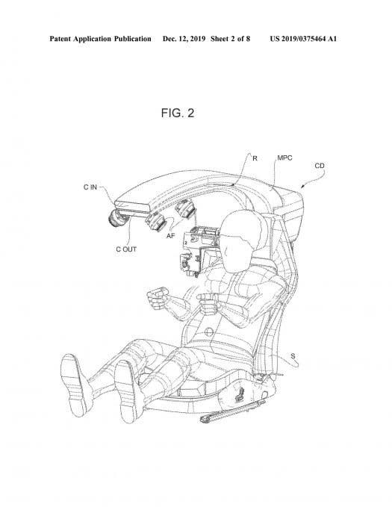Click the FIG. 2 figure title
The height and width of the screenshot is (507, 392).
(178, 113)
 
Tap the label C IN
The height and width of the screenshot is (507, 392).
(90, 187)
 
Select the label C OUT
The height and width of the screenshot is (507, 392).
(126, 249)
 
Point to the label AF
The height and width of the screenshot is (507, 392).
(170, 236)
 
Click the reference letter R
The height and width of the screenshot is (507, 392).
(255, 158)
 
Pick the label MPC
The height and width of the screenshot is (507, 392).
(284, 158)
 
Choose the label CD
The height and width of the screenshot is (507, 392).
(320, 166)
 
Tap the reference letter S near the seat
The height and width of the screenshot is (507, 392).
(293, 356)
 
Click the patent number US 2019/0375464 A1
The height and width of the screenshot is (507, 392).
(303, 39)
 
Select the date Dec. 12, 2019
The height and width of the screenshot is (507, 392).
(184, 39)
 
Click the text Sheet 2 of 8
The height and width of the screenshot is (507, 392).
(230, 39)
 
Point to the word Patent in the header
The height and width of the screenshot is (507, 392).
(60, 39)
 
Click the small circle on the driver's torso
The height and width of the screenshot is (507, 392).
(209, 332)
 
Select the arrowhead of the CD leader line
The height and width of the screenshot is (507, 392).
(302, 186)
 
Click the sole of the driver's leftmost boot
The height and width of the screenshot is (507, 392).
(73, 385)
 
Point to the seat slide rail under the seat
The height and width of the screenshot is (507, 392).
(232, 411)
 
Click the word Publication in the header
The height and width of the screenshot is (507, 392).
(132, 39)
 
